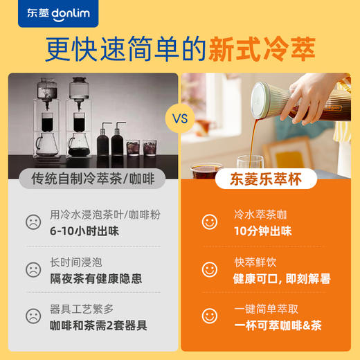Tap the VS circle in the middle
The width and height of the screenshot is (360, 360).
[180, 119]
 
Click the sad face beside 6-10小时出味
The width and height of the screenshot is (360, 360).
[33, 222]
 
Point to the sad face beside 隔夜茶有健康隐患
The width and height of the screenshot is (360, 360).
[33, 269]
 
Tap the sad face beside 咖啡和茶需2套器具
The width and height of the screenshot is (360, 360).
[33, 316]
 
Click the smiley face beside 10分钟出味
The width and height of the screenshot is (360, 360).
[209, 222]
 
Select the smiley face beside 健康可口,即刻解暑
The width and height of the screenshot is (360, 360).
[209, 269]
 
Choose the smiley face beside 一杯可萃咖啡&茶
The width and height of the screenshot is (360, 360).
[209, 316]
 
